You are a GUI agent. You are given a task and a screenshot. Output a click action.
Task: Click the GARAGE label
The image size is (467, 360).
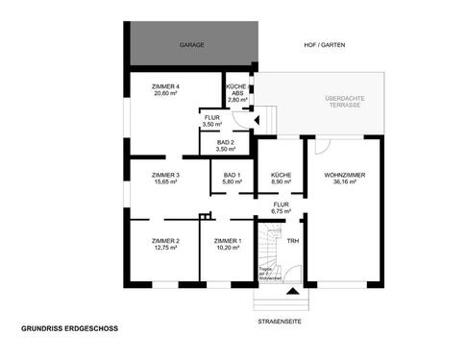192,45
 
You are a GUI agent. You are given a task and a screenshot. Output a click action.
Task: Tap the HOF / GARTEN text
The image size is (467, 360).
324,45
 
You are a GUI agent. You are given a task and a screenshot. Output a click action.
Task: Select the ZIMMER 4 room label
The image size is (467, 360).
166,87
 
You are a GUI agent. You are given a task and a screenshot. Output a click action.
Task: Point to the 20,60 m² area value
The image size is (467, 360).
166,94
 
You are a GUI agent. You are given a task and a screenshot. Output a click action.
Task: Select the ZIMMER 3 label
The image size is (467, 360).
166,175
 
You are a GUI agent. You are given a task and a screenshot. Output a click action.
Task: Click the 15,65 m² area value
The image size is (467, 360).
166,181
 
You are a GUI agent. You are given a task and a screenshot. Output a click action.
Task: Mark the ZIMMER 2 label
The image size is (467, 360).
166,240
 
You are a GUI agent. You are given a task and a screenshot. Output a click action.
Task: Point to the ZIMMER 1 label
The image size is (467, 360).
228,240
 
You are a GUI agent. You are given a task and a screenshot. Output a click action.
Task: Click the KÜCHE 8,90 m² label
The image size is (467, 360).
281,178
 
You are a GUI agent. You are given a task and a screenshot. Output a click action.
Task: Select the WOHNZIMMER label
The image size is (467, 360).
344,175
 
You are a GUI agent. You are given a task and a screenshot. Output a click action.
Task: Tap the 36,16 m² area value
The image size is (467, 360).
344,181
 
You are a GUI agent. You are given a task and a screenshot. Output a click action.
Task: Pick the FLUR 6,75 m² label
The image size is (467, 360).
280,207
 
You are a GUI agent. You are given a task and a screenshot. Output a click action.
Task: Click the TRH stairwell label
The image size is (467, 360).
293,241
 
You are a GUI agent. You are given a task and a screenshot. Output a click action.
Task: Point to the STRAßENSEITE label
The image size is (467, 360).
280,322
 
